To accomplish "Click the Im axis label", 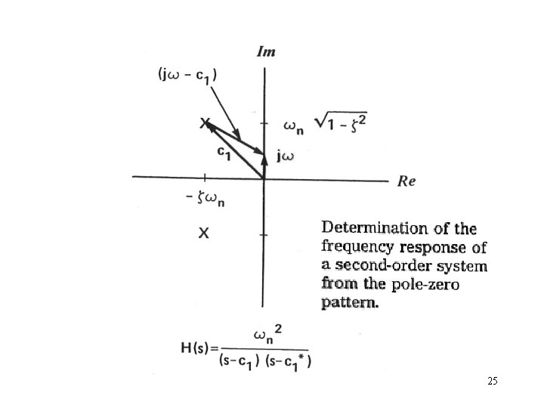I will (266, 52).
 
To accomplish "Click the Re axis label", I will (406, 181).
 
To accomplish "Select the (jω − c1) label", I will (187, 76).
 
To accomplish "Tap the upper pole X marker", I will (205, 122).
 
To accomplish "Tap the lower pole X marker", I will (204, 233).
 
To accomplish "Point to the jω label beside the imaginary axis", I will (286, 157).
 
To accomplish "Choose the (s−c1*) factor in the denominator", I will (289, 360).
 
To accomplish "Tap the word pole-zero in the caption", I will (425, 284).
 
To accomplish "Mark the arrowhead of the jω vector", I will (264, 159).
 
